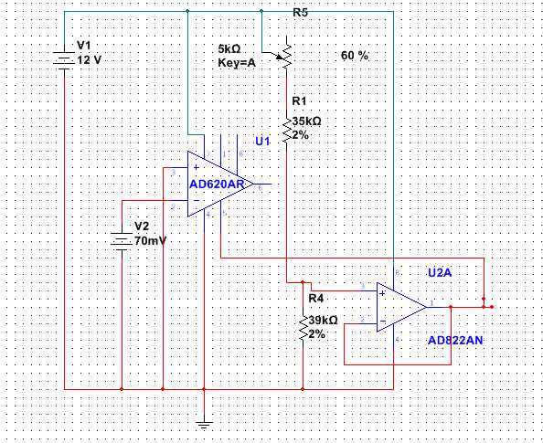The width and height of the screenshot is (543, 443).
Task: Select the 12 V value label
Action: coord(89,59)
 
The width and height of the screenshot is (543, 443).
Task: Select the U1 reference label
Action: coord(262,142)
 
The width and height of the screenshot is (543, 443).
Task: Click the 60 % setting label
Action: coord(355,56)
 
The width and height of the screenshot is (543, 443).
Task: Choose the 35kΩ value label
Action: coord(306,121)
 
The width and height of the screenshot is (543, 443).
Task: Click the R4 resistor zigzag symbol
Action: coord(302,327)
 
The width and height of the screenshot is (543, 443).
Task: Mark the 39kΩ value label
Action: coord(323,321)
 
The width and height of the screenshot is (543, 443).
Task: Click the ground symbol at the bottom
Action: coord(205,422)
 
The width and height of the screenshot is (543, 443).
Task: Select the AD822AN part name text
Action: coord(455,340)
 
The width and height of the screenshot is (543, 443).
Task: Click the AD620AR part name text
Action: coord(217,185)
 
